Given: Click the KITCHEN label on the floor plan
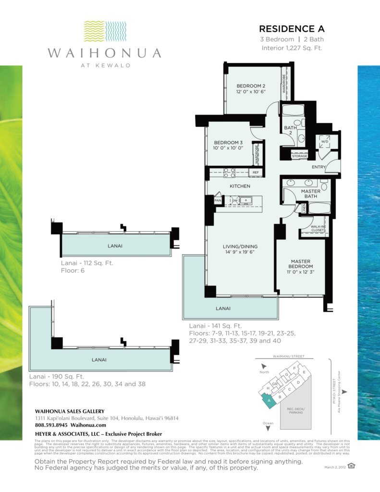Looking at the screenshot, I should coord(240,186).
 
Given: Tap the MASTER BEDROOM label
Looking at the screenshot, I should coord(301,264).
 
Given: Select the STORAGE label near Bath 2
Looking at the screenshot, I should coord(299,156).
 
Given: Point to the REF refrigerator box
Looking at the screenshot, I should coord(256,172).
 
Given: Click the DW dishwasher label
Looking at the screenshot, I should coord(234,200).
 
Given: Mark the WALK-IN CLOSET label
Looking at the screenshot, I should coord(317,228).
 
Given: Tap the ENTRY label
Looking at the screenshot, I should coord(318,167).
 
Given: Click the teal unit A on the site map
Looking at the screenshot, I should coord(269,399).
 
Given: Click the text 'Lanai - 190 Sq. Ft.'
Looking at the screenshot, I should coord(57,377).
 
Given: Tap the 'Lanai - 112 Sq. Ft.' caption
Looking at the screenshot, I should coord(87,263).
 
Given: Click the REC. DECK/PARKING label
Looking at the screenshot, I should coord(296,411).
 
